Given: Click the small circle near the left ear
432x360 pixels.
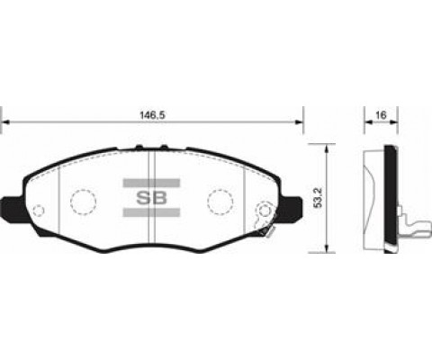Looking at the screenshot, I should click(39, 214).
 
